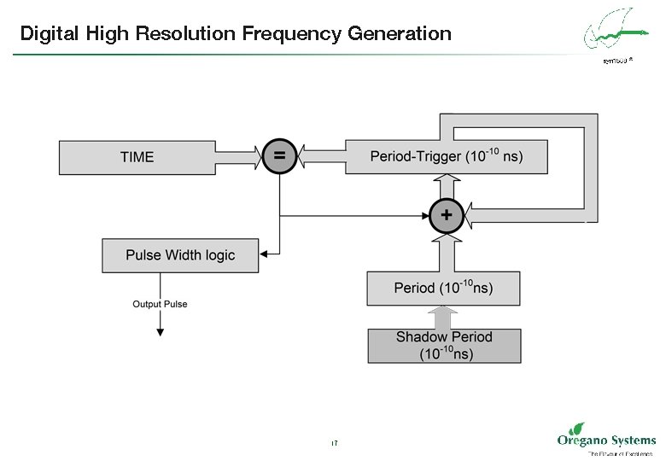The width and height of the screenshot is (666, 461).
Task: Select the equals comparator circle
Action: click(x=279, y=156)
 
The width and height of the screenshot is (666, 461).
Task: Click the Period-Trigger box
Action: click(x=445, y=157)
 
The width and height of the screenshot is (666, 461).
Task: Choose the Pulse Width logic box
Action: click(x=179, y=255)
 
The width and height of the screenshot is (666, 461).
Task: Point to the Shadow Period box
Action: click(x=444, y=345)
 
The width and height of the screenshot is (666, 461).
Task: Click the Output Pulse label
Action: click(x=160, y=304)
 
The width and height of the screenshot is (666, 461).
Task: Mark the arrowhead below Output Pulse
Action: click(x=160, y=330)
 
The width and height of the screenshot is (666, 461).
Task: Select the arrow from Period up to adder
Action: click(x=445, y=251)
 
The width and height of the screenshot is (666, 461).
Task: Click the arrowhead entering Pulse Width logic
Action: click(x=265, y=254)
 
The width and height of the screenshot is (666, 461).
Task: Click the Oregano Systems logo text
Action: click(x=605, y=440)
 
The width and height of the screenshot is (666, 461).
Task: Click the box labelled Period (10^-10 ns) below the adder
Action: click(x=443, y=289)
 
